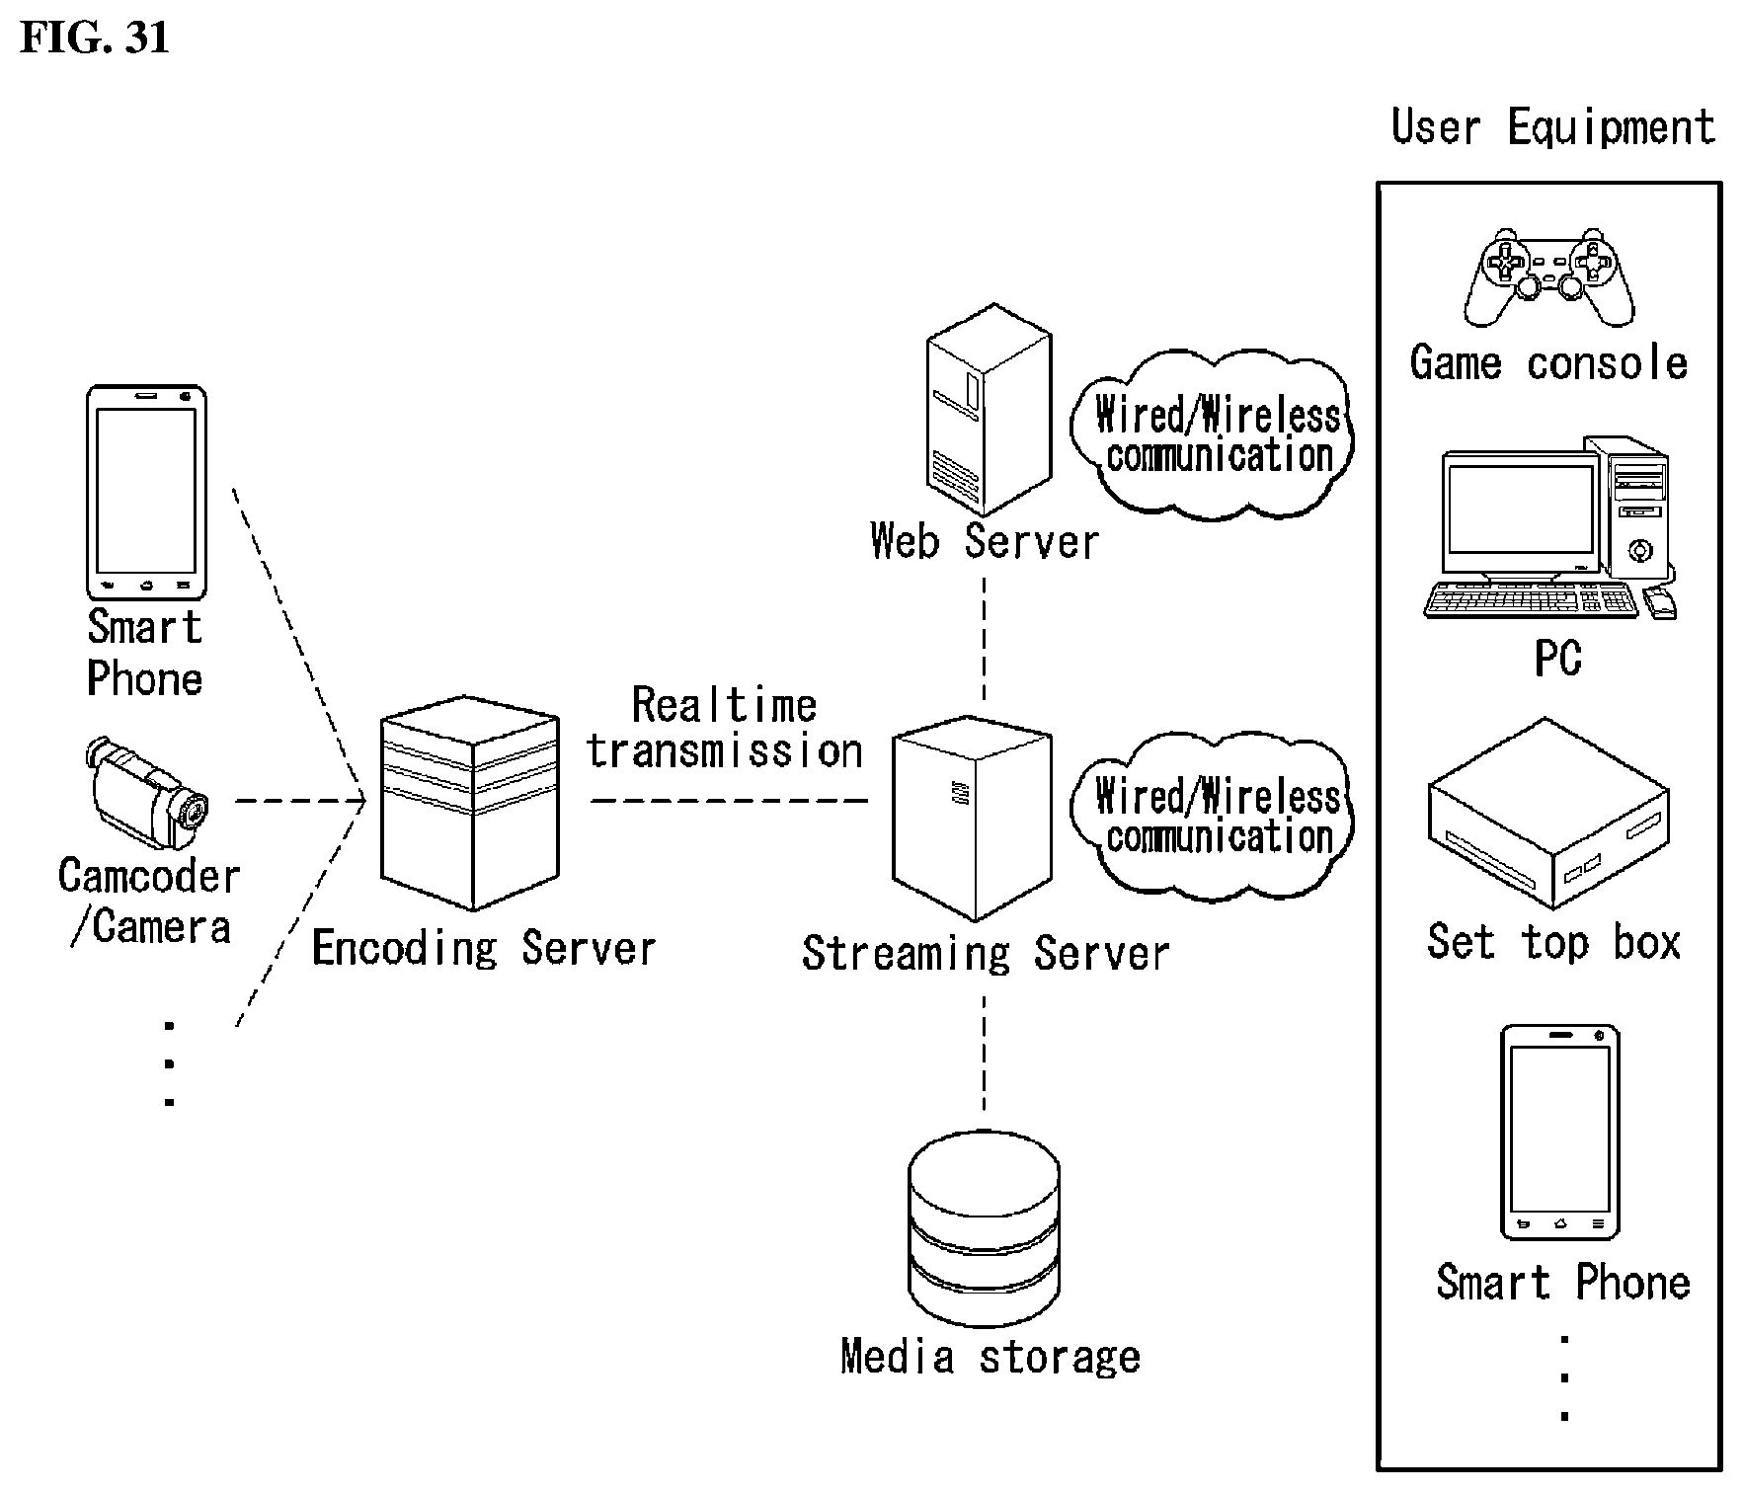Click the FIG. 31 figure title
pos(95,38)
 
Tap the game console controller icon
pos(1547,277)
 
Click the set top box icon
pos(1548,813)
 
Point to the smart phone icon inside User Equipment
pos(1560,1132)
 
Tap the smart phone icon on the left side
pos(146,492)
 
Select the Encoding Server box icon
pos(470,803)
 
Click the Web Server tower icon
pos(989,411)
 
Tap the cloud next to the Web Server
pos(1212,433)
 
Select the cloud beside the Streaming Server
pos(1212,816)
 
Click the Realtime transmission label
pos(725,729)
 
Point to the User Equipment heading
pos(1552,127)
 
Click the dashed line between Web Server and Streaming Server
pos(984,639)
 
